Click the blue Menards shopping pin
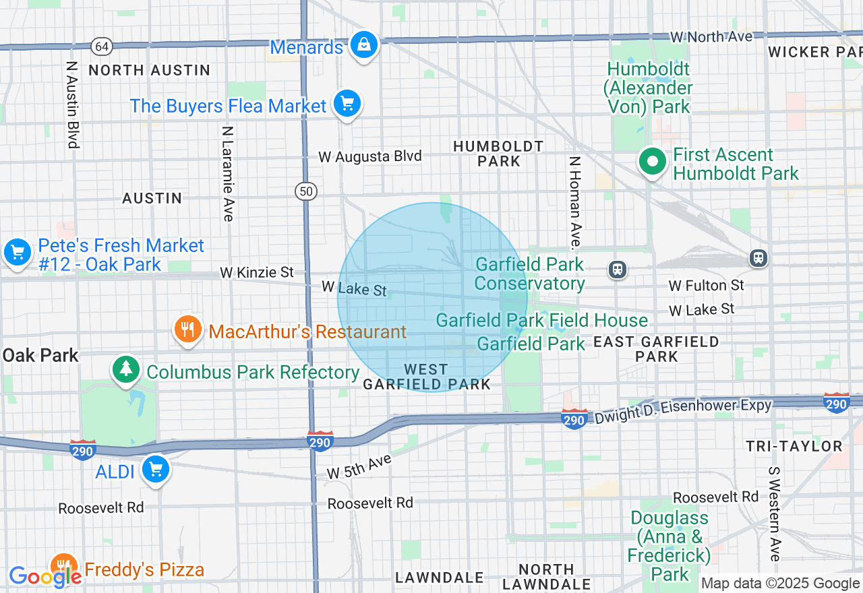coord(364,45)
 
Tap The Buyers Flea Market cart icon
coord(347,104)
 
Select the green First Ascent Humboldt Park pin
coord(652,162)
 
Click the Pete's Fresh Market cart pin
coord(18,253)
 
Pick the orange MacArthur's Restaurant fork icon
coord(188,330)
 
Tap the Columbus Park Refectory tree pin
coord(126,369)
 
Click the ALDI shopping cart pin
coord(156,470)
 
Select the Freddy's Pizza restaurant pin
coord(63,567)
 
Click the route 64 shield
coord(102,46)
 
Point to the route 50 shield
coord(306,191)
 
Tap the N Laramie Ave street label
coord(227,173)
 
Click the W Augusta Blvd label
coord(370,157)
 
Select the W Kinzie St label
coord(257,272)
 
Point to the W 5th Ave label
coord(359,466)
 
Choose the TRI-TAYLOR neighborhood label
coord(794,446)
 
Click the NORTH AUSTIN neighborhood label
coord(150,70)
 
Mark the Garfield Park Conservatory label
coord(530,274)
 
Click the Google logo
coord(44,576)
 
